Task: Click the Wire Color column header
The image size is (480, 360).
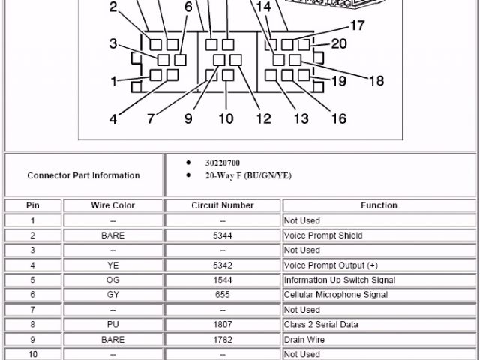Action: [x=112, y=205]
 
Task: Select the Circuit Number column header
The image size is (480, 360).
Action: [x=223, y=205]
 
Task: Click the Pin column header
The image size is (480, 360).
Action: [x=32, y=205]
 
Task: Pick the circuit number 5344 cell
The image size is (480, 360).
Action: [x=223, y=235]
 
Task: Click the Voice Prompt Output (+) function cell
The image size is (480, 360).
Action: [x=331, y=265]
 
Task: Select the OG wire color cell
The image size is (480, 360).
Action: [x=112, y=280]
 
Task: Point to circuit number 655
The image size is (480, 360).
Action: [x=223, y=295]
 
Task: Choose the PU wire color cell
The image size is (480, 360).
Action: [x=112, y=325]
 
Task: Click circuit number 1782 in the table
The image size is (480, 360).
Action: [x=223, y=339]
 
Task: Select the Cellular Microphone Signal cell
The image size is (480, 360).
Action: [x=335, y=295]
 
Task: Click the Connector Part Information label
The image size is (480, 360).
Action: [x=83, y=175]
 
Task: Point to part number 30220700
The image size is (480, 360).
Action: [x=223, y=163]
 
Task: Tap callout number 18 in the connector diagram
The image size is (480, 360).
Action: [x=376, y=81]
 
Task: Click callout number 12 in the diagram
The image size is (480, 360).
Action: [x=263, y=118]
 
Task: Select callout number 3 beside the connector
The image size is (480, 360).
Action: [x=112, y=43]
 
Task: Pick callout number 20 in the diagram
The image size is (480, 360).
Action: [x=339, y=44]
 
